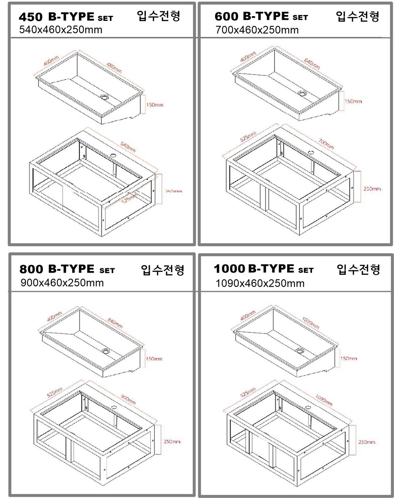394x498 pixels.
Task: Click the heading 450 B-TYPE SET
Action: (x=66, y=17)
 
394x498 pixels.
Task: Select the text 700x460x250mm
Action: (x=257, y=30)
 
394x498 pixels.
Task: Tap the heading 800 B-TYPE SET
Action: (x=67, y=270)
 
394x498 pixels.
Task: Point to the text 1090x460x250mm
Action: (x=260, y=283)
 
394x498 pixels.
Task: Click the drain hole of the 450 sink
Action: (x=104, y=96)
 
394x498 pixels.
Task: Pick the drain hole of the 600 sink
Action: (x=302, y=93)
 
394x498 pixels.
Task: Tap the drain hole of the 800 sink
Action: (x=106, y=350)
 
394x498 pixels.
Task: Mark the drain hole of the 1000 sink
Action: (x=300, y=350)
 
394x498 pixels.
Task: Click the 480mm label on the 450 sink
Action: (x=114, y=67)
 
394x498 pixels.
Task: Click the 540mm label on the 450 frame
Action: (x=128, y=147)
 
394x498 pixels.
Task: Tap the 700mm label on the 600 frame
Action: (x=326, y=144)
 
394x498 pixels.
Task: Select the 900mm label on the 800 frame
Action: (x=128, y=400)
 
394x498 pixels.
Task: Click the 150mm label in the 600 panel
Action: (x=353, y=102)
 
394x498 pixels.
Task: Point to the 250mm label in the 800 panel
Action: (x=172, y=442)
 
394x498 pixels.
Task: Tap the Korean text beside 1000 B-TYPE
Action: (x=358, y=270)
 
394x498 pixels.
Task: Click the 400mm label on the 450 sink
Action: (x=51, y=62)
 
